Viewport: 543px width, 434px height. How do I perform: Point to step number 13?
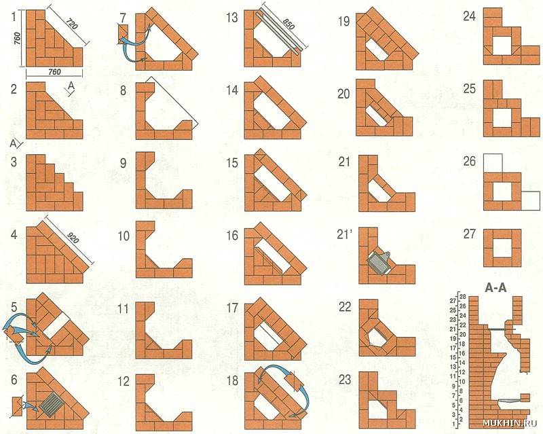[x=232, y=16]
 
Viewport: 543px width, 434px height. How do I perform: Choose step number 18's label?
[x=232, y=380]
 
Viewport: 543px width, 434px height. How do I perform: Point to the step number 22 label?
[x=345, y=306]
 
